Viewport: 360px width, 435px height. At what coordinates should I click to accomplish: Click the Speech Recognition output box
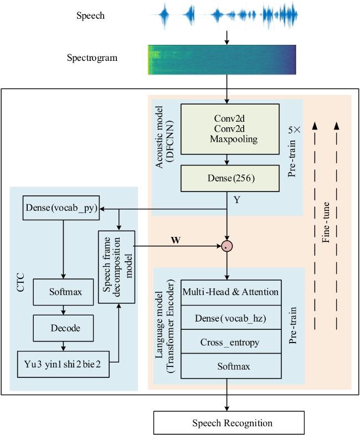229,423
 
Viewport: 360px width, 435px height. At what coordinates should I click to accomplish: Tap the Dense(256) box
230,178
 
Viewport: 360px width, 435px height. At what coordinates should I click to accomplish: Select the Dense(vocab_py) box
61,208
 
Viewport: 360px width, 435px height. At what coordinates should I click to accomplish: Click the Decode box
63,328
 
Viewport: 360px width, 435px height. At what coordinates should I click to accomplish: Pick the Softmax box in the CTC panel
63,292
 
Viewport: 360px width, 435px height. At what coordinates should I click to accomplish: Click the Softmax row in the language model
231,366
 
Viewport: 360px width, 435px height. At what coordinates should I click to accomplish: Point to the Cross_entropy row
231,342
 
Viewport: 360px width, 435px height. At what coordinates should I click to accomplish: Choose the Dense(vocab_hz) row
231,318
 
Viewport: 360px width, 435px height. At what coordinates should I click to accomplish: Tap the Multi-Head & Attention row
231,293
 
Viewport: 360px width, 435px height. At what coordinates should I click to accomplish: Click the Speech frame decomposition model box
116,267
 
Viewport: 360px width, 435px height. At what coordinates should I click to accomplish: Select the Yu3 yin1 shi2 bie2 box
63,364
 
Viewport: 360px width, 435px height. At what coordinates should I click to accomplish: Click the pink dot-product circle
227,246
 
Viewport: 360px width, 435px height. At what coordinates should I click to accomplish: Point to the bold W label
176,240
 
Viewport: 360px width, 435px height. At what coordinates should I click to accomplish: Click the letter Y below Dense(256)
236,200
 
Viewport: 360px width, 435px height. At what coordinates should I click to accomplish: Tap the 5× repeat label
294,130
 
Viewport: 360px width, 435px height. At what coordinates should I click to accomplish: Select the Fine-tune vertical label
326,222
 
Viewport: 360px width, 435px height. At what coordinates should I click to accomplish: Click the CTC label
20,282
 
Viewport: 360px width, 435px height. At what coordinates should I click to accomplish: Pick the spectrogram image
222,60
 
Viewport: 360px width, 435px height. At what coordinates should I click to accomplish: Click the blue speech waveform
228,15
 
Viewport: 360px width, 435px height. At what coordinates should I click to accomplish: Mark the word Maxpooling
234,139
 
